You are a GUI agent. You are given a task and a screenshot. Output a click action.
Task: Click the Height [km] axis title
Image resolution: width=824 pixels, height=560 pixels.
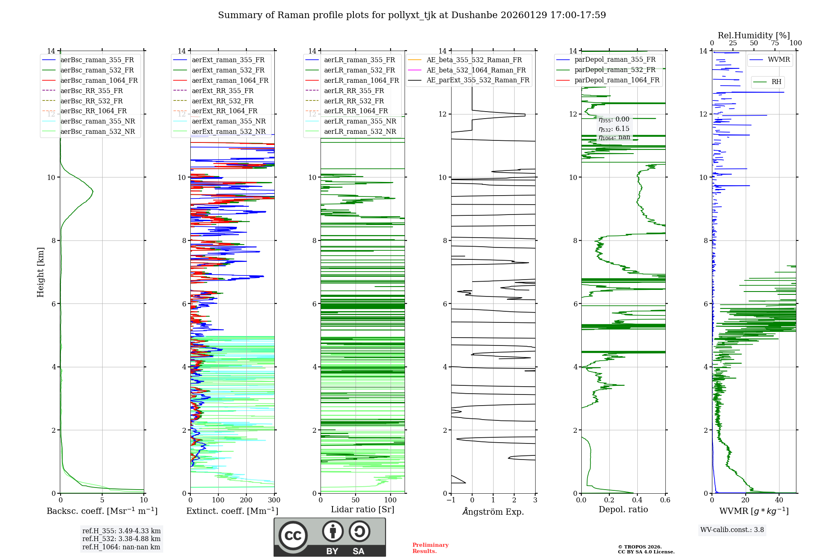(40, 272)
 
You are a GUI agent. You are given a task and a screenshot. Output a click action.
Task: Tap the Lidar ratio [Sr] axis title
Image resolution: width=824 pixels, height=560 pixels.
(363, 509)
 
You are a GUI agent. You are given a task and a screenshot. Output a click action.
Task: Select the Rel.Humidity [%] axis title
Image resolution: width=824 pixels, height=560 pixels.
(754, 35)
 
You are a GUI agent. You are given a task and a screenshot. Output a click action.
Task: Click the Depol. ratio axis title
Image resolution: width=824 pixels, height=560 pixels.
(623, 509)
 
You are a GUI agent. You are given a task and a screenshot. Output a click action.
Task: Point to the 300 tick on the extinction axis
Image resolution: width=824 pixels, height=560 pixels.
(274, 500)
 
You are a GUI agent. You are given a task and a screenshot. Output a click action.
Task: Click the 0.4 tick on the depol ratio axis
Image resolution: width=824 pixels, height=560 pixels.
(637, 500)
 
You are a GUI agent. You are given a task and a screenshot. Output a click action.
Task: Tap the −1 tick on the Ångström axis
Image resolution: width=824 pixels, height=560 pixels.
(451, 500)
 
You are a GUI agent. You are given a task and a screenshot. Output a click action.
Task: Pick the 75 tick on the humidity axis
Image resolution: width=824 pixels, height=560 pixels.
(775, 43)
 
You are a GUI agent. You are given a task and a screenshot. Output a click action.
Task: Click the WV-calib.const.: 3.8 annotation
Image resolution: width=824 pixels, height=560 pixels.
(732, 530)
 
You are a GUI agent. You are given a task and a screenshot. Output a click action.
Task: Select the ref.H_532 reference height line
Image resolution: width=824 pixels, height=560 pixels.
(121, 539)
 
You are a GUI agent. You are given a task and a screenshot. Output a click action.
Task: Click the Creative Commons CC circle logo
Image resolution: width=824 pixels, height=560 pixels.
(293, 535)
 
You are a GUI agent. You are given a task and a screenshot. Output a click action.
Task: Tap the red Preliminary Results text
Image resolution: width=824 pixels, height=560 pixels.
(430, 548)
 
